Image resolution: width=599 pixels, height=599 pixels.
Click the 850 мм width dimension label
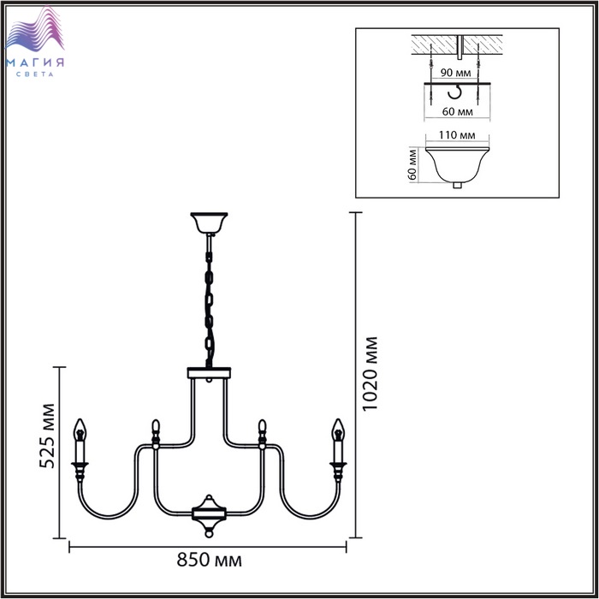(209, 560)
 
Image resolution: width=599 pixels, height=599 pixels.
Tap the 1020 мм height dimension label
(370, 374)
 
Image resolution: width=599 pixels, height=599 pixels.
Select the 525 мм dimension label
(47, 436)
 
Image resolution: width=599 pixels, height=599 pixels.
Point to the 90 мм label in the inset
(455, 72)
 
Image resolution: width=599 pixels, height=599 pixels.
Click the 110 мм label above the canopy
(457, 135)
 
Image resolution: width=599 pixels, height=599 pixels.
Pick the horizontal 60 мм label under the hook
(457, 111)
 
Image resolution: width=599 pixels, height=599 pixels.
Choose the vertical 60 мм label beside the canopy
(412, 164)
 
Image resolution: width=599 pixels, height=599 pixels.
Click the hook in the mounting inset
(455, 92)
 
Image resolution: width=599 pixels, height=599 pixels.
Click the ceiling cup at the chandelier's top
(209, 223)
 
